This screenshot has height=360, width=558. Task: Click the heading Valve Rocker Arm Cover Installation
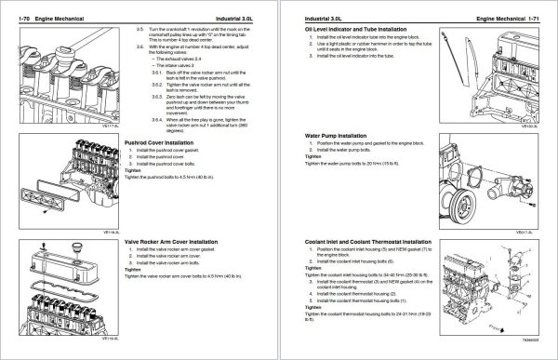pyautogui.click(x=177, y=240)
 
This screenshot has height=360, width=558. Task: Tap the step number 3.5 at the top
pyautogui.click(x=140, y=32)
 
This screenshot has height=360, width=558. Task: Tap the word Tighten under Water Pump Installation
pyautogui.click(x=312, y=156)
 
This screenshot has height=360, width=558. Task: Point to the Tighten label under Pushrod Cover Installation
pyautogui.click(x=131, y=169)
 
